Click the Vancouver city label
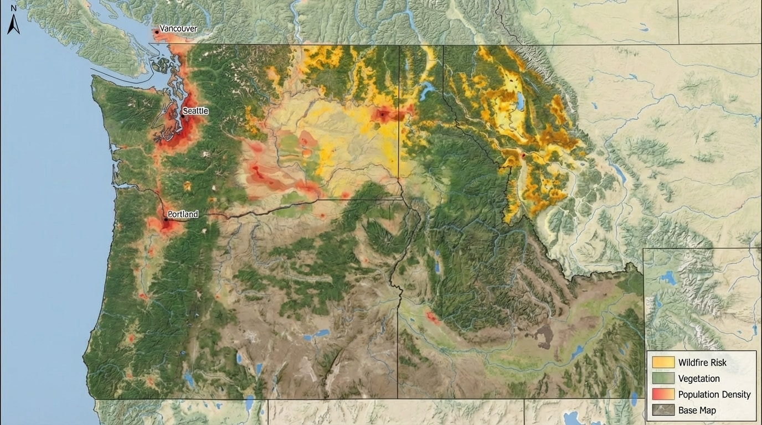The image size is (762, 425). point(178,28)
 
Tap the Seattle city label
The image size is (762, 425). point(195,111)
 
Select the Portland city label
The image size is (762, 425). point(183,214)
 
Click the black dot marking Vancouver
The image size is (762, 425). point(157,32)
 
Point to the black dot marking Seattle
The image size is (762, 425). point(182,116)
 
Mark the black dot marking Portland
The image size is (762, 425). point(166,220)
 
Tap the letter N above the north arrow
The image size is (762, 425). point(13,8)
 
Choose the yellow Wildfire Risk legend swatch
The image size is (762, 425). point(663,362)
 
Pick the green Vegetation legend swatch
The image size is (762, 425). point(663,379)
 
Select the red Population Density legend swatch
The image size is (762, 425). point(663,395)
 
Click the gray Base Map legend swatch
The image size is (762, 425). point(663,411)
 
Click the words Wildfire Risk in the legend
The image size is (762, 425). point(702,362)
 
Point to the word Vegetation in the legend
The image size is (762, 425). point(699,379)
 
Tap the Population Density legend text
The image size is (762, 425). point(714,395)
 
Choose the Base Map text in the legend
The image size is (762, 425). point(697,411)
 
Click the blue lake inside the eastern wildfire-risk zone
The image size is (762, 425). point(521,101)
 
